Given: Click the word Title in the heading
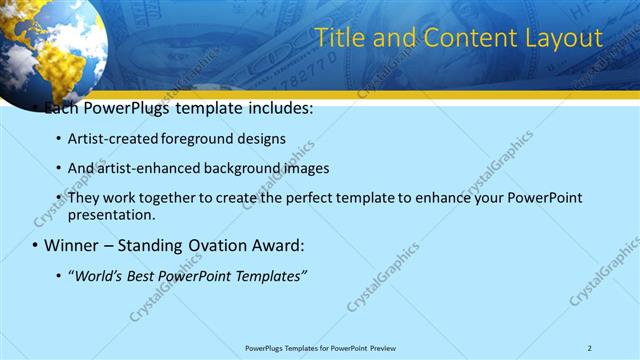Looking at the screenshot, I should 339,38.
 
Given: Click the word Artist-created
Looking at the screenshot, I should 111,138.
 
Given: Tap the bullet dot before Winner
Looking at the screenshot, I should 35,245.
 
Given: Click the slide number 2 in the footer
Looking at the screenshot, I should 589,348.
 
